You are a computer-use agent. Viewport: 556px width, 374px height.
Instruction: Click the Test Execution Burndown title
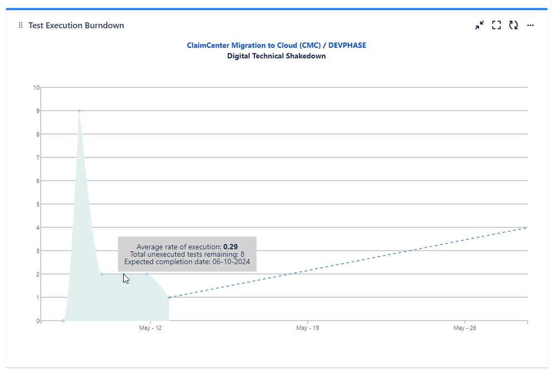[x=76, y=26]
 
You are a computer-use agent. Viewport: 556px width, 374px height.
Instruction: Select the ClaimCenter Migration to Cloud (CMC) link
[x=254, y=46]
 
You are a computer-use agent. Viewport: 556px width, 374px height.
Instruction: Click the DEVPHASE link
[x=347, y=46]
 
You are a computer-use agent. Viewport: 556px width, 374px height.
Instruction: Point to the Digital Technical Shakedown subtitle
[x=277, y=56]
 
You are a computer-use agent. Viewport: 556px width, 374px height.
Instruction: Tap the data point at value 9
[x=79, y=111]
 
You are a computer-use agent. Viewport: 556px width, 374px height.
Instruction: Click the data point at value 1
[x=169, y=297]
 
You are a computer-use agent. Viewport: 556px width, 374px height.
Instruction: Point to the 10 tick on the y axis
[x=36, y=87]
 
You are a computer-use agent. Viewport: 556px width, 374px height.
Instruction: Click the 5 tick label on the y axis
[x=37, y=204]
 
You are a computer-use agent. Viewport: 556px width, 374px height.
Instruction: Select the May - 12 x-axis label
[x=150, y=328]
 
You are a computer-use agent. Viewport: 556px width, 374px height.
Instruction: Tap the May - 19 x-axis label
[x=308, y=328]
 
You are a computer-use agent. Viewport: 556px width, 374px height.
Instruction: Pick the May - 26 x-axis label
[x=465, y=328]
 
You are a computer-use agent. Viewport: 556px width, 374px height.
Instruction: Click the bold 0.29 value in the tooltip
[x=230, y=247]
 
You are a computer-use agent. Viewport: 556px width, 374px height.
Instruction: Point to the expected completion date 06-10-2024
[x=234, y=262]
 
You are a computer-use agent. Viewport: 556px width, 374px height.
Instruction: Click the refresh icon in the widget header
[x=513, y=26]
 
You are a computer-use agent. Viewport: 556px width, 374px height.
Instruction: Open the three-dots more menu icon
[x=530, y=26]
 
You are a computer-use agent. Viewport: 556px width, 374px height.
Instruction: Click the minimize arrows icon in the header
[x=479, y=26]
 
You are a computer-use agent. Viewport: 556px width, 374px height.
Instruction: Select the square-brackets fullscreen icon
[x=496, y=26]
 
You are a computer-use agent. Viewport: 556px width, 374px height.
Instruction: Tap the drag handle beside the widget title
[x=21, y=26]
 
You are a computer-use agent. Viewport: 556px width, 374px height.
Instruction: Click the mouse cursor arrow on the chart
[x=126, y=278]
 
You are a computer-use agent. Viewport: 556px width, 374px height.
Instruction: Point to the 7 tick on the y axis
[x=37, y=157]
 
